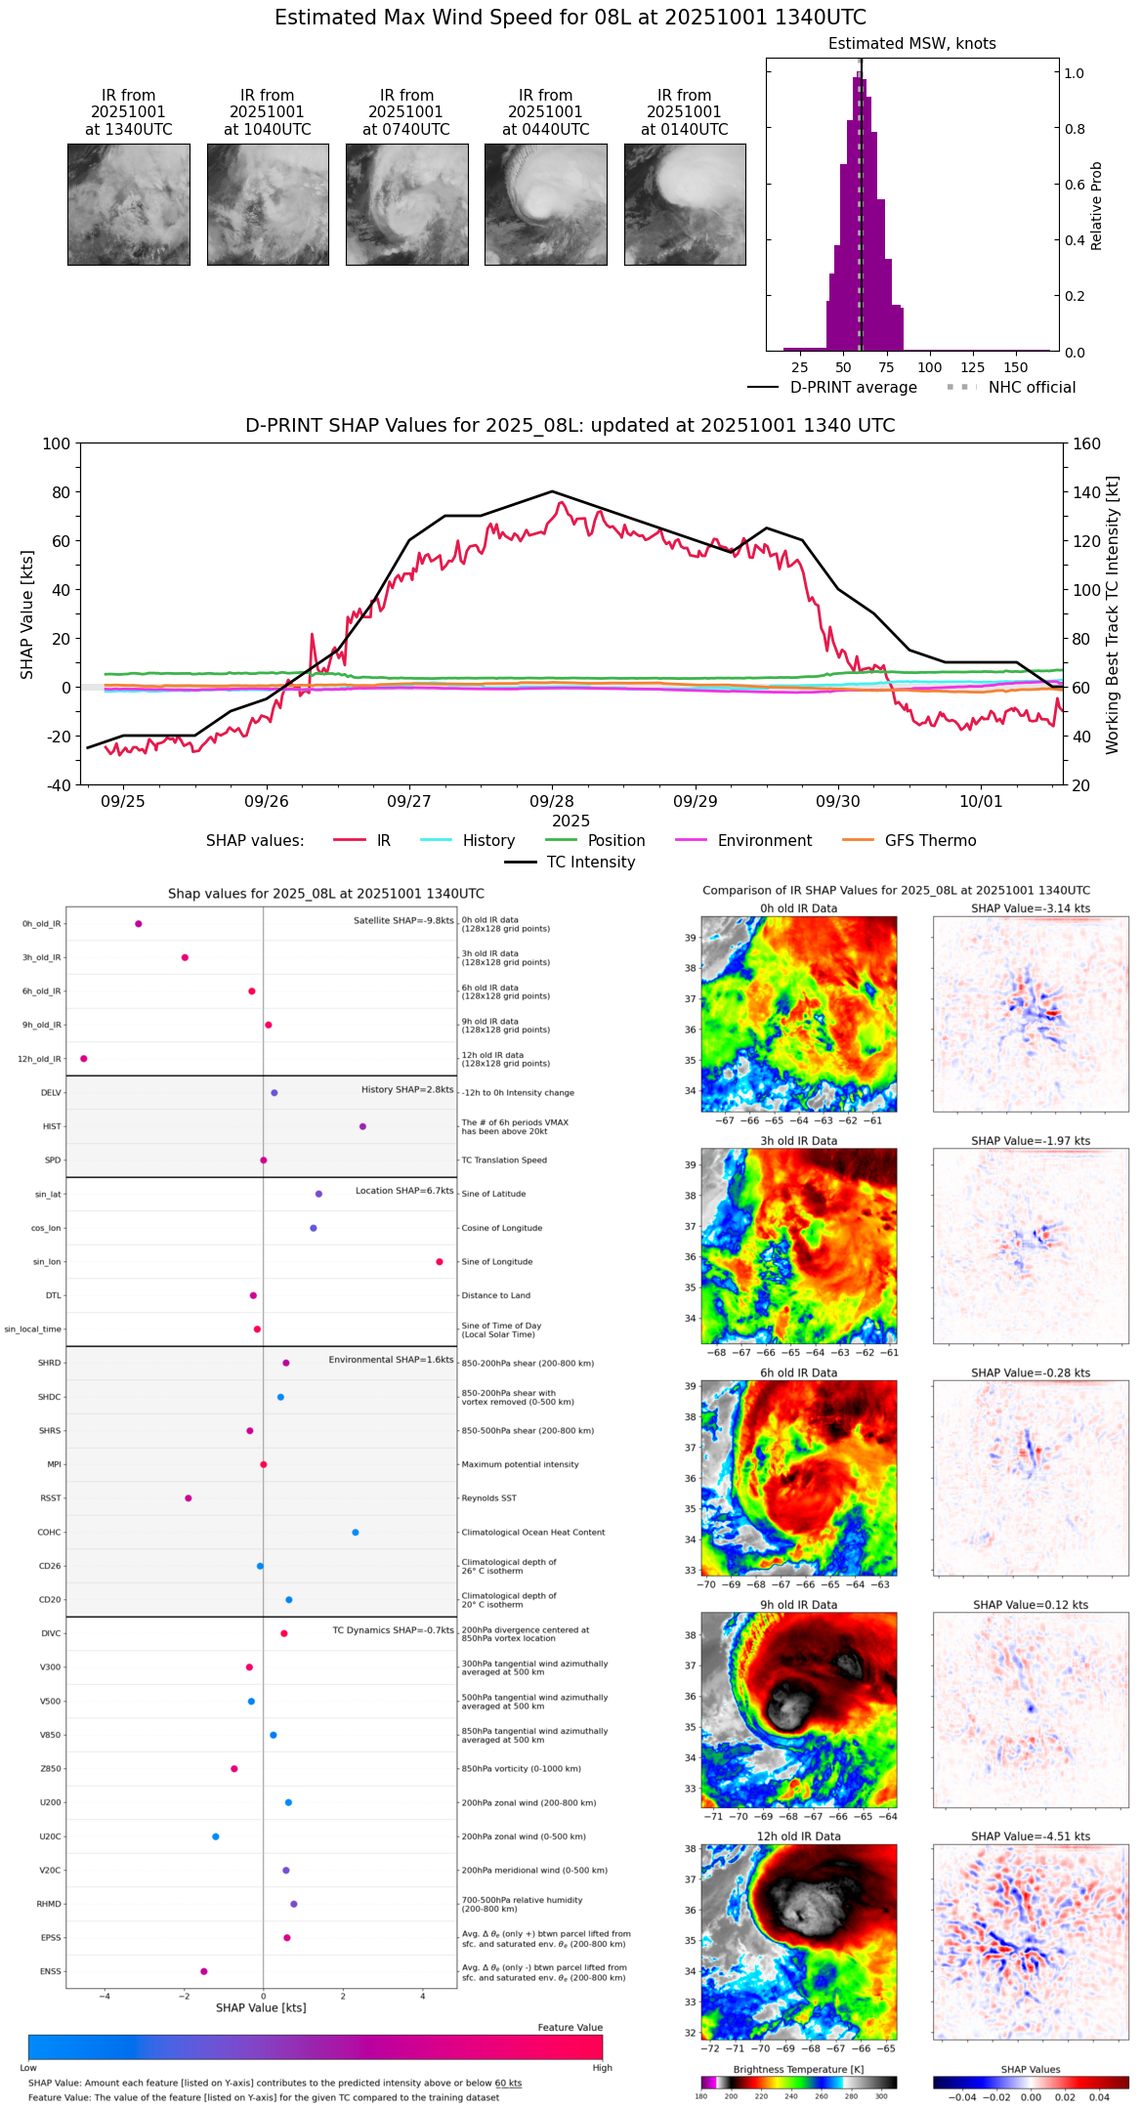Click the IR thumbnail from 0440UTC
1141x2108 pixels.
click(545, 204)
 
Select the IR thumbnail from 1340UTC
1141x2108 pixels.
click(128, 204)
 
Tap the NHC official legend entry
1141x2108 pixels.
click(1011, 388)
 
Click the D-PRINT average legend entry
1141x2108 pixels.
click(832, 388)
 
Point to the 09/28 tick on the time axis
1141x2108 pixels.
click(552, 801)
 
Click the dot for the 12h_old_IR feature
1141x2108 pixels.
click(84, 1059)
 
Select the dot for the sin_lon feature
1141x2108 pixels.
click(440, 1262)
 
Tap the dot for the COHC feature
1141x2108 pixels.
click(356, 1533)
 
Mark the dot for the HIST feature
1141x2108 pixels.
click(362, 1126)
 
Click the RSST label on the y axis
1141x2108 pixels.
click(51, 1498)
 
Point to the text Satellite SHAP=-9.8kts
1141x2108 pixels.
click(403, 920)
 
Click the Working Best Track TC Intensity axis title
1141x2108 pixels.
click(1113, 615)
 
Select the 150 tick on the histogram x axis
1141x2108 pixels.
click(1016, 368)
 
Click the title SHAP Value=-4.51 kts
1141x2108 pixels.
click(1031, 1836)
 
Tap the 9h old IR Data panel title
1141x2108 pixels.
click(798, 1605)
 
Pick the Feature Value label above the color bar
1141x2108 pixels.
click(570, 2028)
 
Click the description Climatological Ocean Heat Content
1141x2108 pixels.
click(533, 1533)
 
